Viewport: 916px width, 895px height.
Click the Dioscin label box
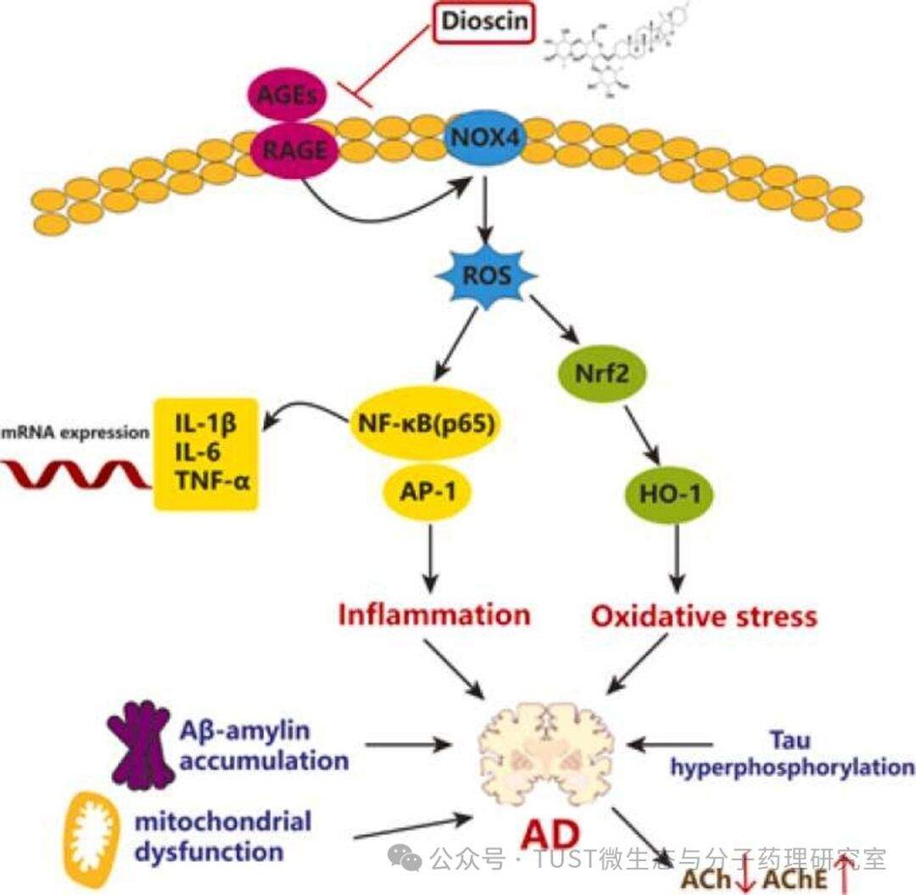coord(485,23)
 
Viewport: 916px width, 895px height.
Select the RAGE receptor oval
coord(293,151)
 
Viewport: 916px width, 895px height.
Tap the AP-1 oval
coord(429,491)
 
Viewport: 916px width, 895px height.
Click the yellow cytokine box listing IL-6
coord(205,453)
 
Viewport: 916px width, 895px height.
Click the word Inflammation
coord(433,613)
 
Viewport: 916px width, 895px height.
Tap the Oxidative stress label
coord(704,615)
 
